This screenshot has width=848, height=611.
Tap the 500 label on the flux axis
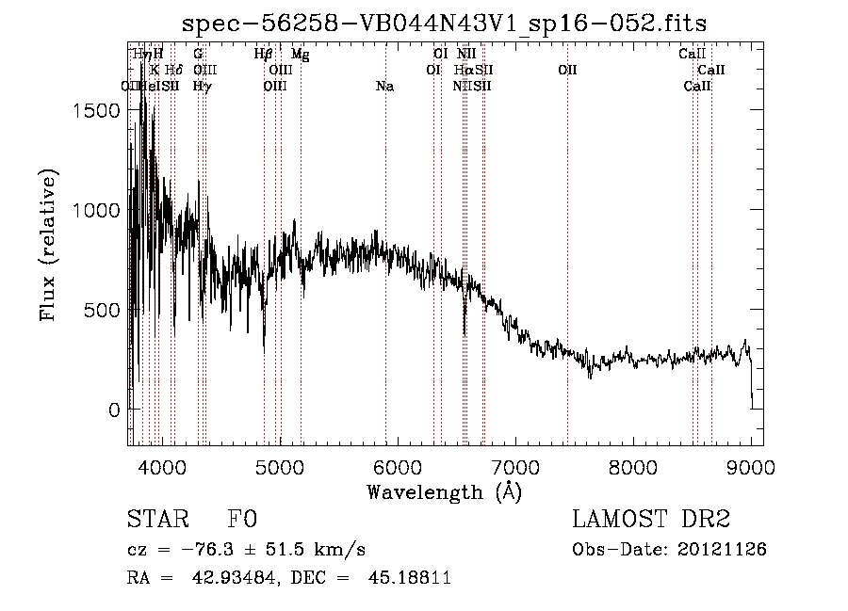104,310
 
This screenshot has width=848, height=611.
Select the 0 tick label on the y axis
115,410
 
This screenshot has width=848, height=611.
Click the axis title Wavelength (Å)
444,490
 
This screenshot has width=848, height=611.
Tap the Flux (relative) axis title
48,244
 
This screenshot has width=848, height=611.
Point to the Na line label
384,86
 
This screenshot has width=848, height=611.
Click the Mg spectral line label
300,55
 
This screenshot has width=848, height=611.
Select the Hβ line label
264,55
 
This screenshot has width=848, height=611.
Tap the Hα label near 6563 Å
464,70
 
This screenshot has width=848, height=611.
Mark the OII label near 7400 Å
567,70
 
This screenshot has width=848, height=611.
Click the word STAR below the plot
156,520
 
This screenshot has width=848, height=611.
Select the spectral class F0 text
242,520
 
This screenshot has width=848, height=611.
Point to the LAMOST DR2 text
651,519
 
